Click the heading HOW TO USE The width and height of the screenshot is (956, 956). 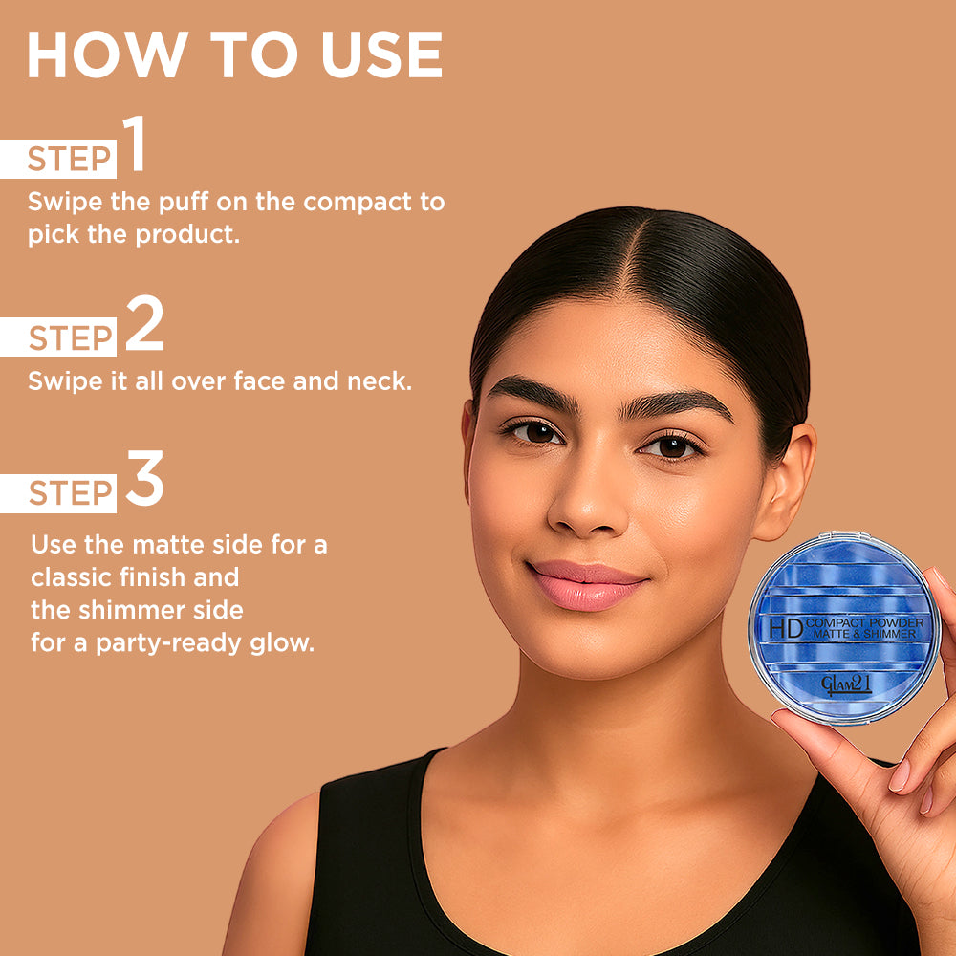pyautogui.click(x=234, y=55)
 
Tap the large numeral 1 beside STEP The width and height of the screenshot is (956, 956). pyautogui.click(x=135, y=145)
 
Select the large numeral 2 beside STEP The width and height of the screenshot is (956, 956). pyautogui.click(x=144, y=326)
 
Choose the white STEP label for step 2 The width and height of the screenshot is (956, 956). pyautogui.click(x=69, y=338)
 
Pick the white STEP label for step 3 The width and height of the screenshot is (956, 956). pyautogui.click(x=69, y=493)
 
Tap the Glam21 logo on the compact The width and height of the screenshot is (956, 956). pyautogui.click(x=847, y=684)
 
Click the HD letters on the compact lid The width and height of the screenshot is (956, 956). pyautogui.click(x=786, y=628)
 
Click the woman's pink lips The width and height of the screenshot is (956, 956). pyautogui.click(x=586, y=584)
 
